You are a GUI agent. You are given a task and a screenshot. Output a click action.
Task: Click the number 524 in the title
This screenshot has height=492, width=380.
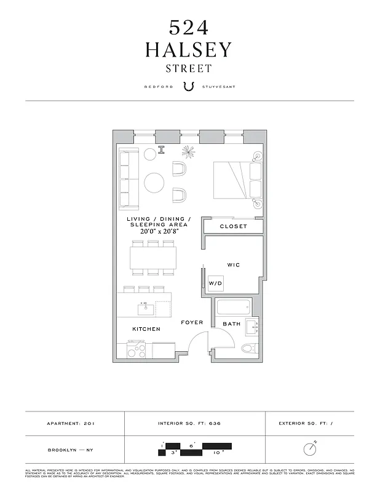[189, 27]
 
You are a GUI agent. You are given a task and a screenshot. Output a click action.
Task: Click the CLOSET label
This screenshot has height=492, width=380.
[234, 226]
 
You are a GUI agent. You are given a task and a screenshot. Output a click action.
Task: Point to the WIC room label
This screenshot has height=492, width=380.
[233, 265]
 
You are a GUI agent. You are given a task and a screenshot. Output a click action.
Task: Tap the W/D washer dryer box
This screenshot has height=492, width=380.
[215, 284]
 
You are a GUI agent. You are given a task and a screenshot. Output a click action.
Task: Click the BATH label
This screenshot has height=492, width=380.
[231, 323]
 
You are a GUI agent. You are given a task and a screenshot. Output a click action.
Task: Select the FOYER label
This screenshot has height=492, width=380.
[191, 322]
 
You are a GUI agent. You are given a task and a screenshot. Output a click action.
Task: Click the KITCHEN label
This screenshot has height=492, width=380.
[146, 329]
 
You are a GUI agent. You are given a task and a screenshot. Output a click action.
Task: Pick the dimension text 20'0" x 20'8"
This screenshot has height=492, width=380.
[159, 232]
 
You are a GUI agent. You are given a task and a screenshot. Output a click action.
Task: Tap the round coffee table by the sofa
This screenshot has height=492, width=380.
[154, 182]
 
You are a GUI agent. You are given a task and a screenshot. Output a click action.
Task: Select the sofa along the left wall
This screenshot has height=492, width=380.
[129, 178]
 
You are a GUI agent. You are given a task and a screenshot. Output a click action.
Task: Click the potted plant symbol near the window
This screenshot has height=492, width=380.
[188, 152]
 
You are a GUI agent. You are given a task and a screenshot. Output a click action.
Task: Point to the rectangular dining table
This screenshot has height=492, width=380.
[153, 257]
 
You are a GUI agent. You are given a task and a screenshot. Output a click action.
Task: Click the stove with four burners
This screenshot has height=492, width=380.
[136, 350]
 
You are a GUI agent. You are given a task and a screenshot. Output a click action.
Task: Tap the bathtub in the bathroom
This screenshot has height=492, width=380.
[233, 307]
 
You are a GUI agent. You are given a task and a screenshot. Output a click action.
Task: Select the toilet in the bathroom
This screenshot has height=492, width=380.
[248, 349]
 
